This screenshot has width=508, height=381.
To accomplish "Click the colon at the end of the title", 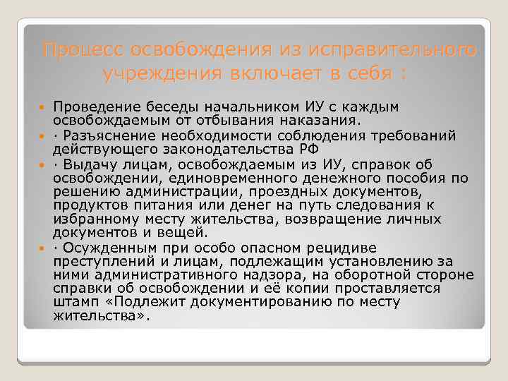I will coord(403,74).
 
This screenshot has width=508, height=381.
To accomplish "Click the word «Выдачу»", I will coord(87,164).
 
